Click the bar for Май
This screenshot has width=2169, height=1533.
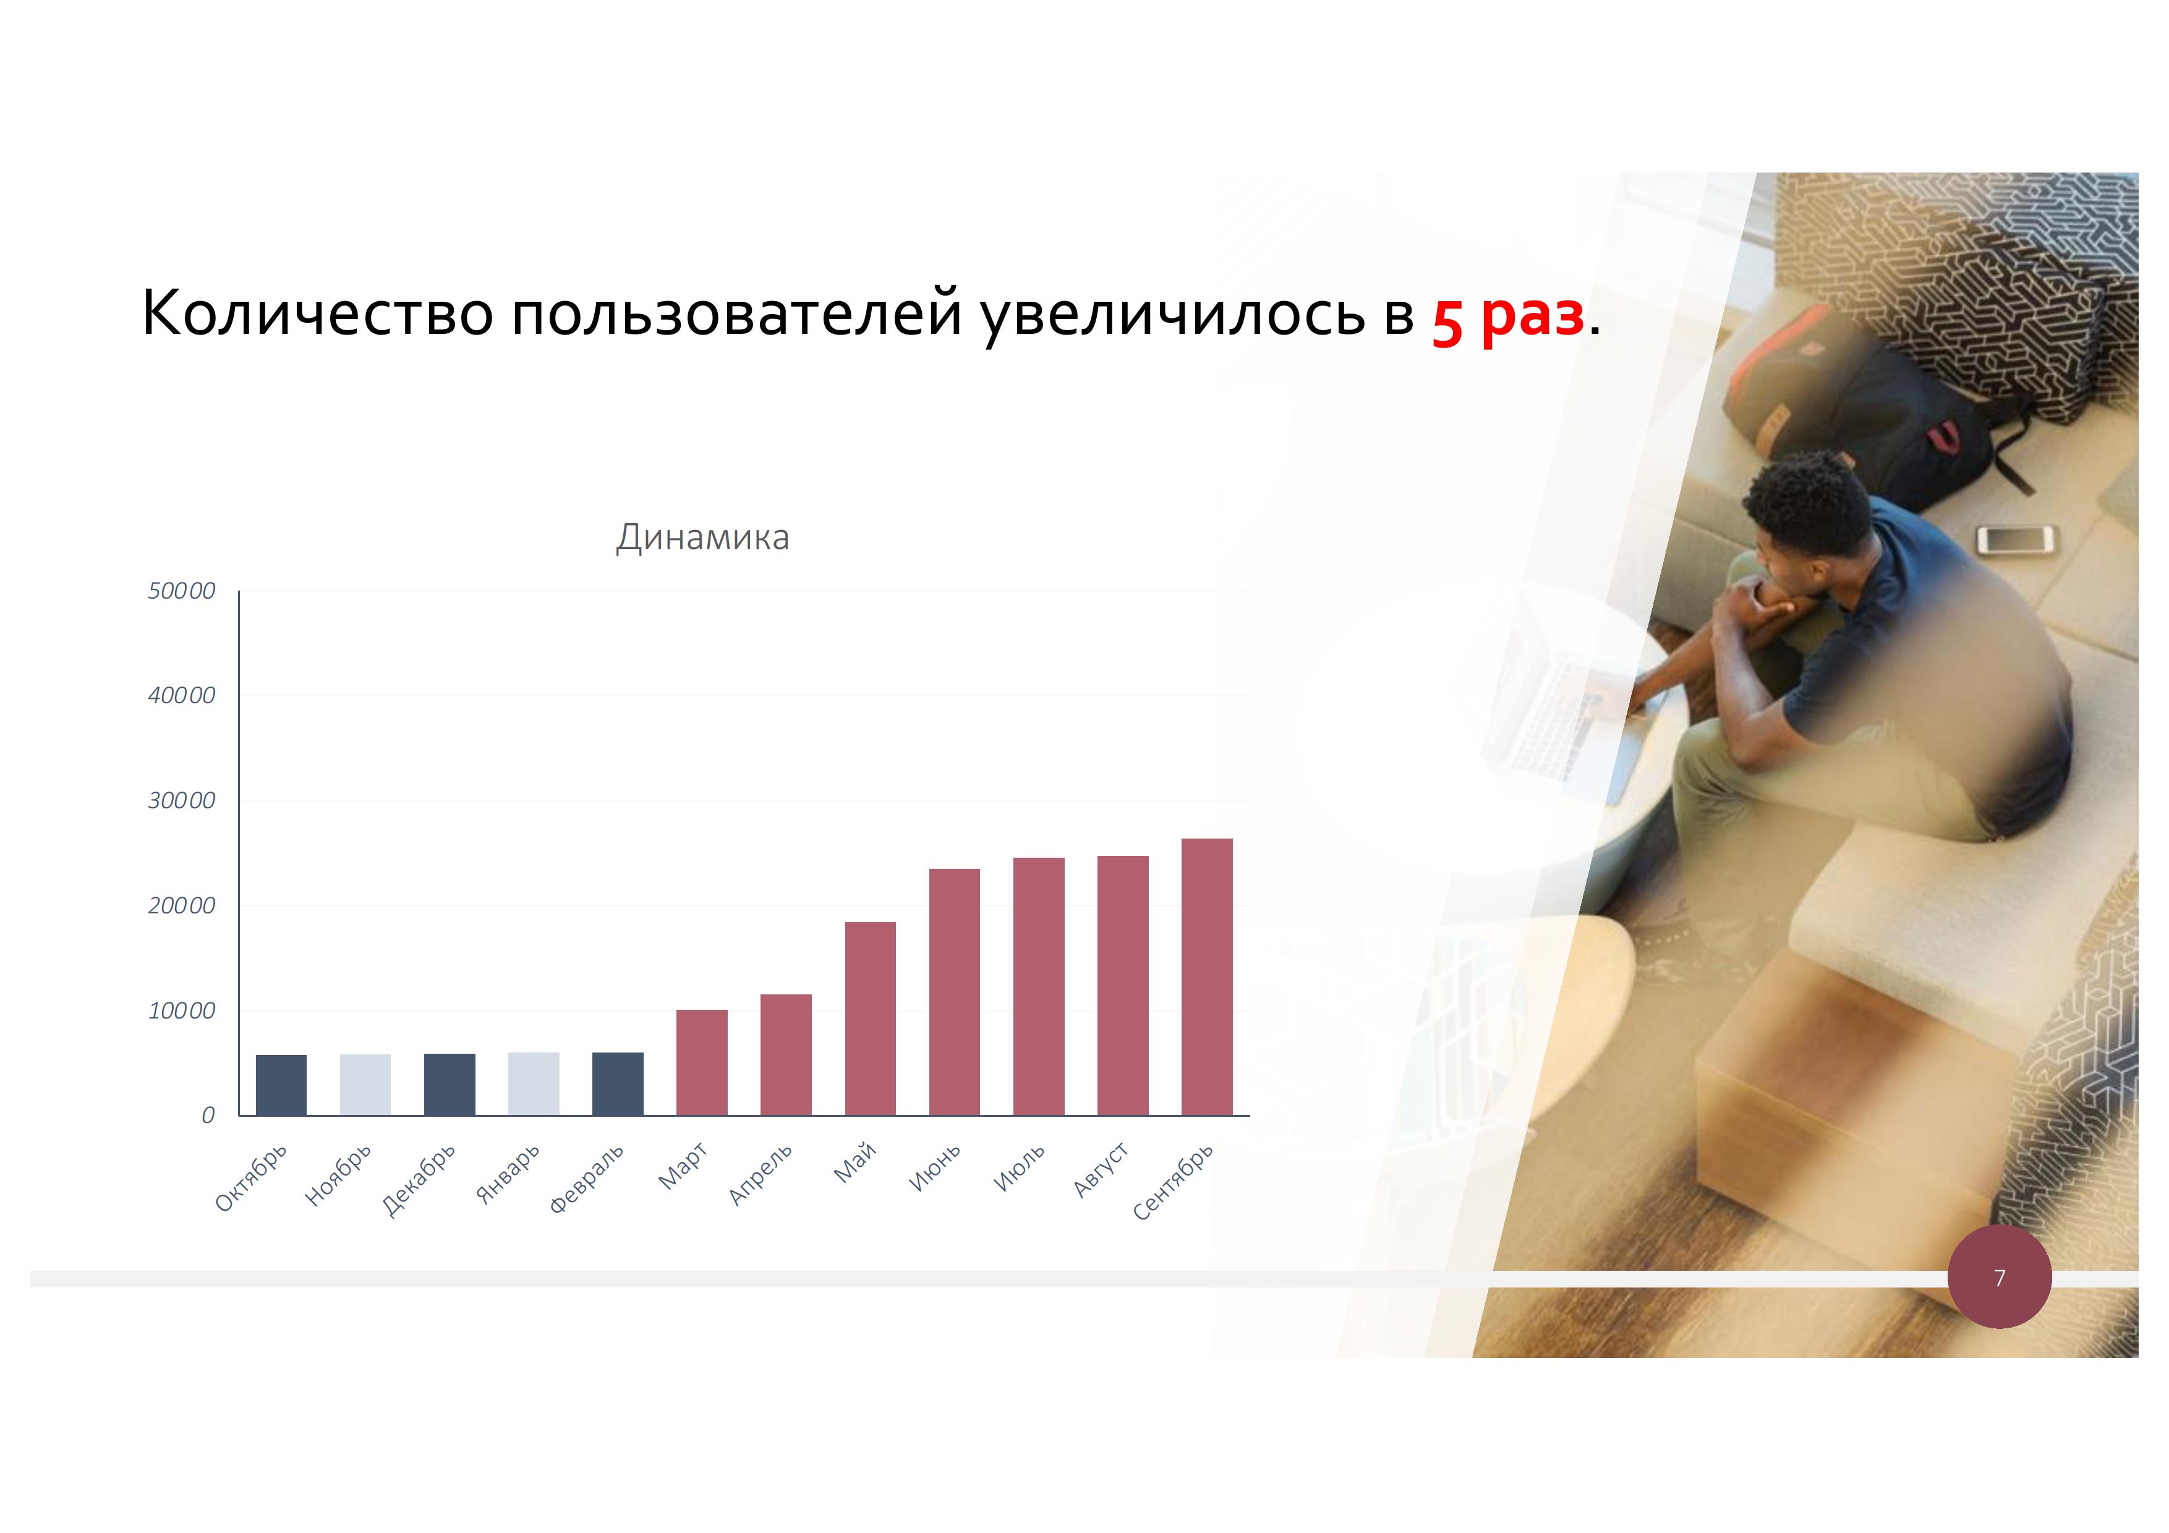(870, 1018)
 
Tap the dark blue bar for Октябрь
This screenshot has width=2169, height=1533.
(281, 1085)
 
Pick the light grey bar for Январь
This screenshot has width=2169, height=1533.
(534, 1083)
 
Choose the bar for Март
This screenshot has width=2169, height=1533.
(702, 1062)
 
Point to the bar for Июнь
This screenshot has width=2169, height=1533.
(954, 992)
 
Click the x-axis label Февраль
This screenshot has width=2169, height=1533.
(587, 1179)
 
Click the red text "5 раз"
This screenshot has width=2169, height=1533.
(1507, 317)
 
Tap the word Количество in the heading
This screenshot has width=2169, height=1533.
(317, 313)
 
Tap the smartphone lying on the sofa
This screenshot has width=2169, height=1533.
(2015, 540)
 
